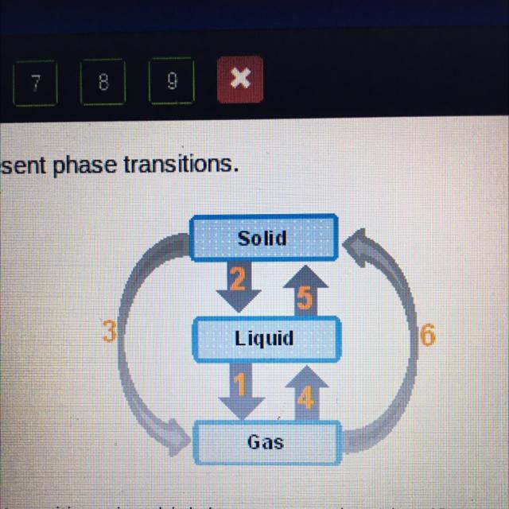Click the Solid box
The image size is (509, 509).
click(x=262, y=237)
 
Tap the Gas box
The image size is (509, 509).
click(x=266, y=442)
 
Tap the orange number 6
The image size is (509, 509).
click(x=427, y=336)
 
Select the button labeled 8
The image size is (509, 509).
click(x=102, y=81)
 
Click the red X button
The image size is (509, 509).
click(x=239, y=80)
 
